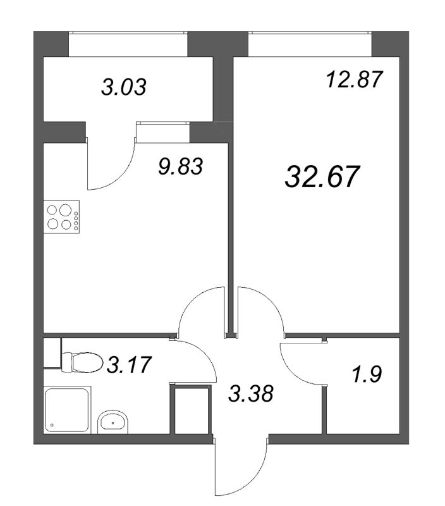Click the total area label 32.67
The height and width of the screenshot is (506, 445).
[322, 176]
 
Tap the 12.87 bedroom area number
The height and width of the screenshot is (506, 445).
[354, 80]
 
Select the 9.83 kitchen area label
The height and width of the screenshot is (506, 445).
[181, 167]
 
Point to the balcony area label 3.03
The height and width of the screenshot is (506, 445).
[124, 87]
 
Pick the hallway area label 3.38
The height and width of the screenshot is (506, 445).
[251, 393]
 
